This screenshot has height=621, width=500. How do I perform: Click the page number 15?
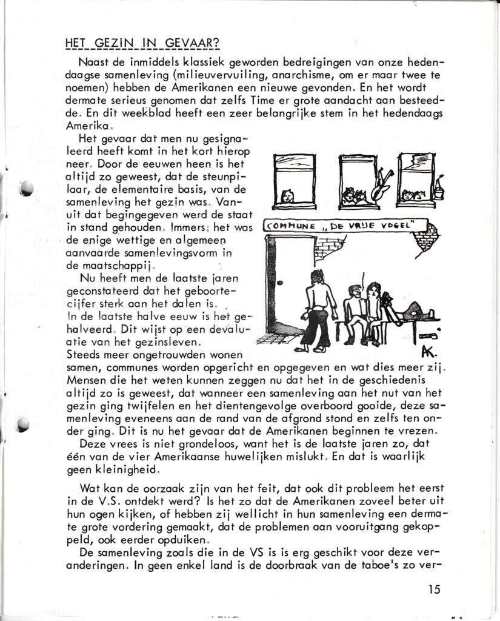(433, 588)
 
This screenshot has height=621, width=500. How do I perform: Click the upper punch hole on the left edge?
(26, 189)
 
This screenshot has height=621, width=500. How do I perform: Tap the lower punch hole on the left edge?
(24, 424)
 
